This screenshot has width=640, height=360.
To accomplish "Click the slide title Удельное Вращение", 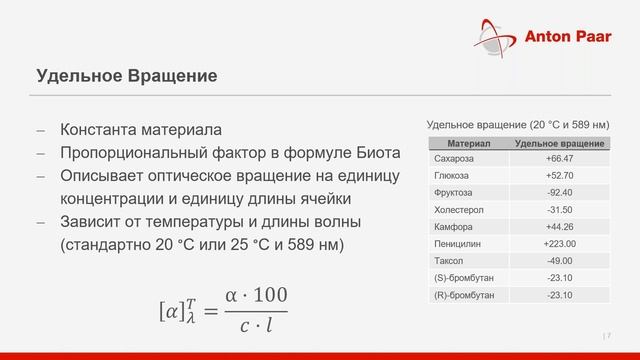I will coord(126,75).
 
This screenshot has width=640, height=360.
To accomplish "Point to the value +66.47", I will coord(560,158).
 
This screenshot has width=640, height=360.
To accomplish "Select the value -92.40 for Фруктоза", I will coord(560,192).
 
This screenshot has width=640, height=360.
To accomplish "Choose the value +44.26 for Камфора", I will coord(560,227).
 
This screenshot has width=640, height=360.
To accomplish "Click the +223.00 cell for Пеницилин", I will coord(560,244).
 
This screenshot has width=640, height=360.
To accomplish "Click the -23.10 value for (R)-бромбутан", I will coord(560,296).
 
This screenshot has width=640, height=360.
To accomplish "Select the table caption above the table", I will coord(517,124).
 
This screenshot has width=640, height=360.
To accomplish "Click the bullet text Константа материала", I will coord(141,131).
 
